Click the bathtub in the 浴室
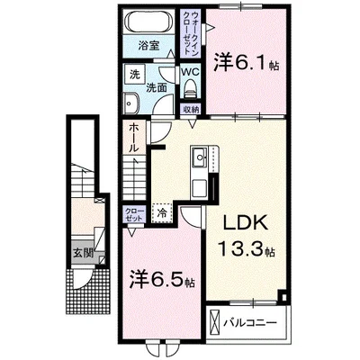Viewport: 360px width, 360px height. (x=142, y=22)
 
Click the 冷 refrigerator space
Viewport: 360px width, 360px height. (x=161, y=214)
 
